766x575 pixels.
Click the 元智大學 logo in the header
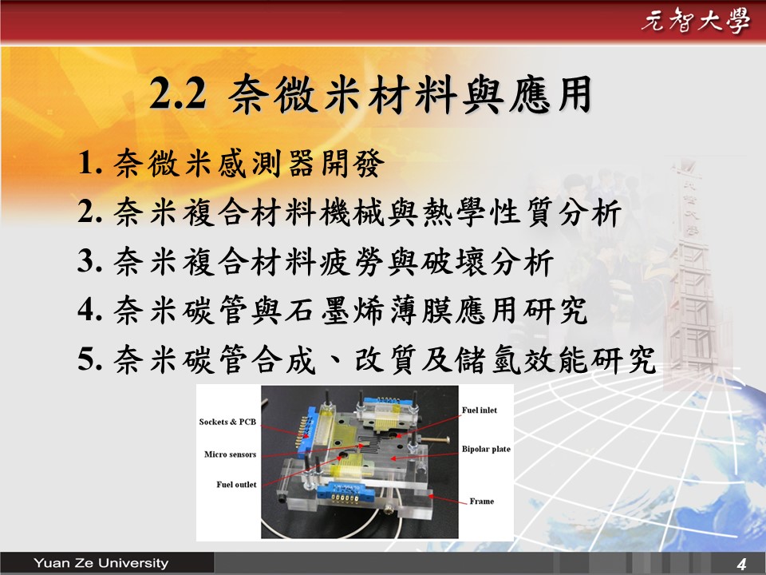coord(695,21)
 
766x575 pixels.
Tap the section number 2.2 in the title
coord(178,94)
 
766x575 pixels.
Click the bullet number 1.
coord(90,163)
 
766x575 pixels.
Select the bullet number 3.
coord(90,261)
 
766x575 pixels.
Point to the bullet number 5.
coord(90,359)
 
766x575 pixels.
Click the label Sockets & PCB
coord(227,422)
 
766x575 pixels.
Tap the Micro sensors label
coord(230,454)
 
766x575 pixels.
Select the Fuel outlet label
coord(236,485)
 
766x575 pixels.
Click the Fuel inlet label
coord(480,410)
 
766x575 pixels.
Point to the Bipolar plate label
coord(486,449)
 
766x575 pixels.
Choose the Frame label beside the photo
coord(482,502)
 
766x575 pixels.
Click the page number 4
coord(741,564)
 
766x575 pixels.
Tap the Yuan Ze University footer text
coord(101,563)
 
